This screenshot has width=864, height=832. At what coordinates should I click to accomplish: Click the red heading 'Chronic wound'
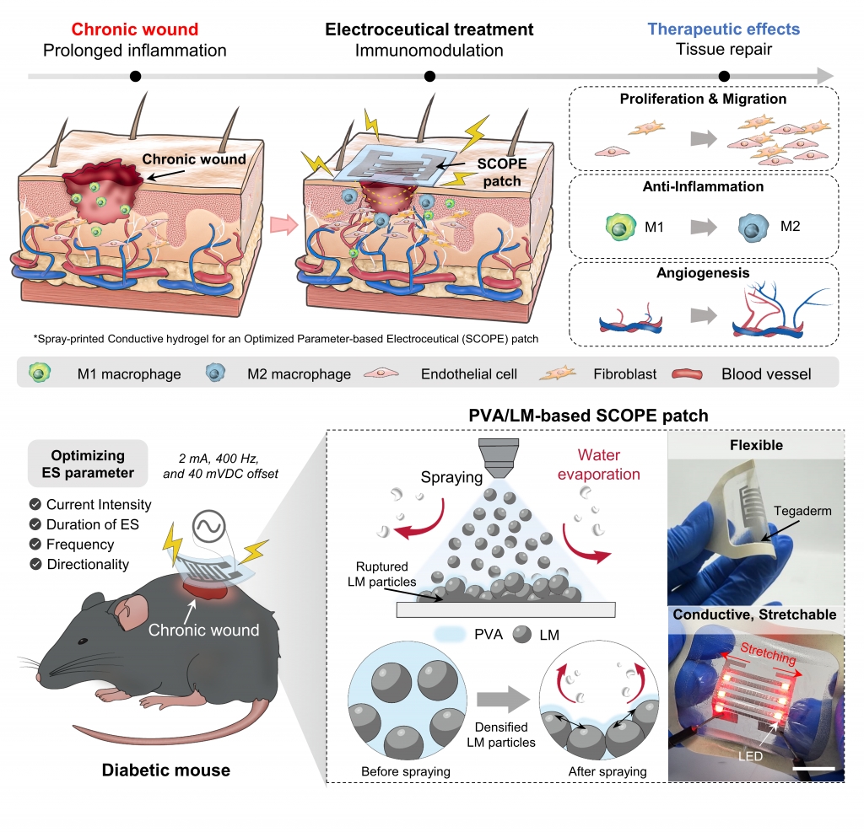[x=134, y=30]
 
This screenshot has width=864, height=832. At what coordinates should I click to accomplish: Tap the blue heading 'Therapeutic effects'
[x=724, y=30]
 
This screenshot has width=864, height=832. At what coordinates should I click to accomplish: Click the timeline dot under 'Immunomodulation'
[x=430, y=77]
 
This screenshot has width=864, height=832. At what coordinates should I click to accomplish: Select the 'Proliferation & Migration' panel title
[x=703, y=99]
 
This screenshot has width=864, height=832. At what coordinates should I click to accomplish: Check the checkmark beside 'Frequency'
[x=35, y=545]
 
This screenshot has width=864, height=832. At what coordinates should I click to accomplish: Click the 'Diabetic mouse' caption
[x=165, y=769]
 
